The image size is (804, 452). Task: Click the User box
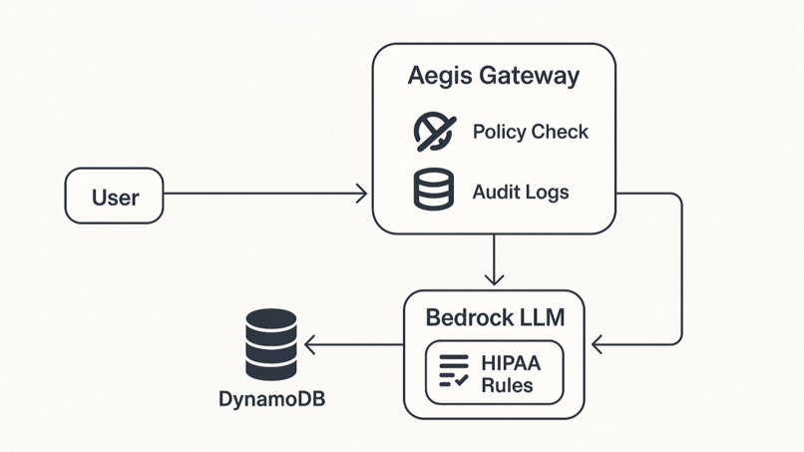coord(114,196)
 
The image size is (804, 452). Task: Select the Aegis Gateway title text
coord(493,76)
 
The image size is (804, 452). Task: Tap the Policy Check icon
coord(435,132)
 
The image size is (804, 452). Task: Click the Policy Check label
coord(530,132)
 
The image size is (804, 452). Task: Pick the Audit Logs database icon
coord(434,190)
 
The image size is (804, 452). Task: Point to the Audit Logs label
coord(520,191)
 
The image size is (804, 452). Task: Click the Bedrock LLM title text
coord(495,317)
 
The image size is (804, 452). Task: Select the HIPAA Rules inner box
coord(494,372)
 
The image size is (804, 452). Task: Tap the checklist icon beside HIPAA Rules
coord(454,371)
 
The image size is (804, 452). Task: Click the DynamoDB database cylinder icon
coord(271,344)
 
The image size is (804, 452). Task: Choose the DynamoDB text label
coord(271,399)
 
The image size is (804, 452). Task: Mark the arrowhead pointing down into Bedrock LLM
coord(494,278)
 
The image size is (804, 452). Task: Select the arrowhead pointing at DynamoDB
coord(310,345)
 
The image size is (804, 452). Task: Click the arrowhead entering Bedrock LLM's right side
coord(598,345)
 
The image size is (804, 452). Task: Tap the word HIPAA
coord(510,363)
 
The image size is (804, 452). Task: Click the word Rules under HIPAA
coord(507,385)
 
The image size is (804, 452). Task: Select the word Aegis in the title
coord(435,76)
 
